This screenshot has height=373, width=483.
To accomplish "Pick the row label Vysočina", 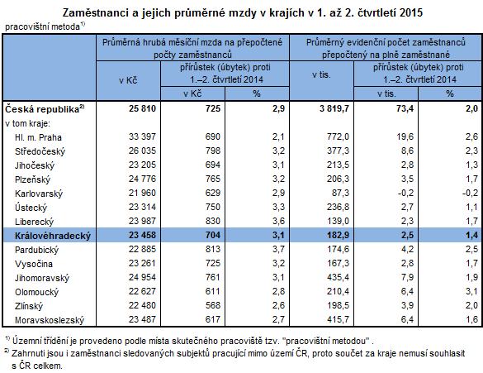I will (x=37, y=262).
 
